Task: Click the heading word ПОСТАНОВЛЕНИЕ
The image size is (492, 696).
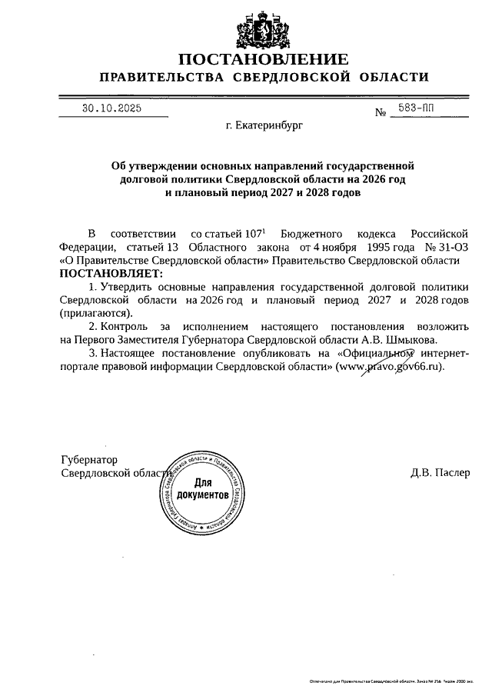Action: [x=264, y=59]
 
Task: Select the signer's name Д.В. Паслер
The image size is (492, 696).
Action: [x=440, y=472]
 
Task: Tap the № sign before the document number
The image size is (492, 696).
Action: [x=381, y=113]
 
